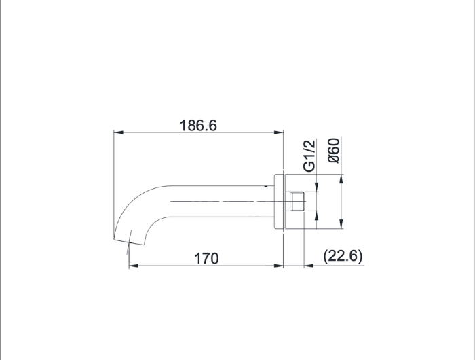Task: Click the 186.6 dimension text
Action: [197, 125]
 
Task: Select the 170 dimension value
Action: [206, 258]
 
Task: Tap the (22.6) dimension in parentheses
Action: [343, 256]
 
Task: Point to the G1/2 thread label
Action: [309, 156]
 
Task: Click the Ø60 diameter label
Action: [333, 151]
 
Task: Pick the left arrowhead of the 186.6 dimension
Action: [116, 132]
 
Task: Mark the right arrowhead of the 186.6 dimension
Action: [280, 132]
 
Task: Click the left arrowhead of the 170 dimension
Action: [132, 266]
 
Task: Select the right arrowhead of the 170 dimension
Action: [280, 266]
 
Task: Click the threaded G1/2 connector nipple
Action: [294, 202]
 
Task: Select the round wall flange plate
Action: [278, 202]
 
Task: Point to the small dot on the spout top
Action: [265, 183]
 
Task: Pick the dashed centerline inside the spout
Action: [217, 202]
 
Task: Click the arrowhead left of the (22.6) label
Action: [307, 266]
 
